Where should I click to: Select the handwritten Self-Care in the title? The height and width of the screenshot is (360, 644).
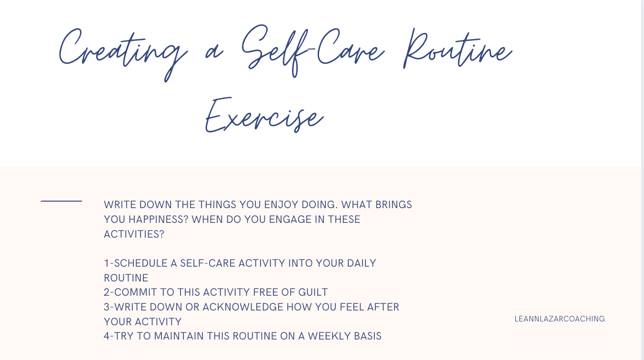(312, 50)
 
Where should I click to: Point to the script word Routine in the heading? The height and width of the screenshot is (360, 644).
(457, 50)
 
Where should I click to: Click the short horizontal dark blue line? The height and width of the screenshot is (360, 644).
(61, 201)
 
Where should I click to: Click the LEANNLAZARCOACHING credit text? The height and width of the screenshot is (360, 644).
(560, 319)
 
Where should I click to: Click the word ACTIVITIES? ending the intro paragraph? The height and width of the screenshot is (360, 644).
(134, 234)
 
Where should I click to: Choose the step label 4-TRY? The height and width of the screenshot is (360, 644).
(119, 336)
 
